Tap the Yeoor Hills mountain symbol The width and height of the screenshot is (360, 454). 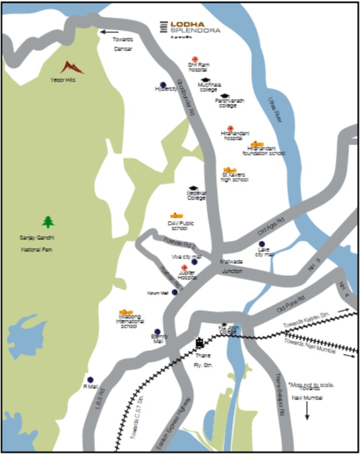72,67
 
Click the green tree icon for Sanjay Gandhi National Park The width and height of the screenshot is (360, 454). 48,222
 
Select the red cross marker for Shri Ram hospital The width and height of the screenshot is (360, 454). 195,58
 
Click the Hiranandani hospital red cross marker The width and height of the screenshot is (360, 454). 230,128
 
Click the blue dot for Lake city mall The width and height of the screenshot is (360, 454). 262,244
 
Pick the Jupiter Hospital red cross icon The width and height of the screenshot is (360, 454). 184,268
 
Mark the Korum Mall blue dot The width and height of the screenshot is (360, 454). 174,292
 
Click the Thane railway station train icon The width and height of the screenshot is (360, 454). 199,343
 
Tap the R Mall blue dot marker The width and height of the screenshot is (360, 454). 90,380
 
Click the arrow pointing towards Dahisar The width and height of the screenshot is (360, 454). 109,32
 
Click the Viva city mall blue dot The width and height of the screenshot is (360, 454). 194,262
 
